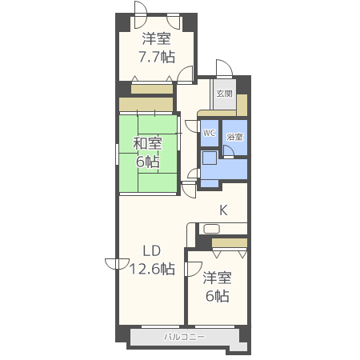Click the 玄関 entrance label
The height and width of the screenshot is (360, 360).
[224, 94]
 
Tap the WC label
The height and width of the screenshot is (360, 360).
[209, 133]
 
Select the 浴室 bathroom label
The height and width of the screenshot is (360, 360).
[234, 137]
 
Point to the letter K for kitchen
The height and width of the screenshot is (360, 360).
[223, 210]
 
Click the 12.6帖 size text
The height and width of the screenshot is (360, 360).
[152, 269]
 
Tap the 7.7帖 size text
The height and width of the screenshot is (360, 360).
[157, 57]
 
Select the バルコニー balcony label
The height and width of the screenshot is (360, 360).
[184, 337]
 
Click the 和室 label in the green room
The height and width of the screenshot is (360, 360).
[147, 143]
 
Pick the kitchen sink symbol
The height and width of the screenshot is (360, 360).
[211, 229]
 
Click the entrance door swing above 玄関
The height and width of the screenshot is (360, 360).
[224, 69]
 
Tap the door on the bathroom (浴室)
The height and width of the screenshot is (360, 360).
[228, 151]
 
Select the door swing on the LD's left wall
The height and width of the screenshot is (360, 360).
[117, 264]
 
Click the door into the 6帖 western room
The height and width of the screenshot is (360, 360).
[193, 269]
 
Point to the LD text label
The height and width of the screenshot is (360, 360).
[152, 250]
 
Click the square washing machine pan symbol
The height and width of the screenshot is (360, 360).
[210, 158]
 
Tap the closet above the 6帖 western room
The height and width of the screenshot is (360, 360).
[230, 243]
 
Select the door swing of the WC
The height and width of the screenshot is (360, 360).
[193, 126]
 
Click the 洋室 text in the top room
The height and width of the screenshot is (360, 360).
[156, 39]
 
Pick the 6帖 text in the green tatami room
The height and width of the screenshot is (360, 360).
[148, 162]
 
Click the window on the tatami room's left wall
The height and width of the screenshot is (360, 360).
[117, 154]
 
